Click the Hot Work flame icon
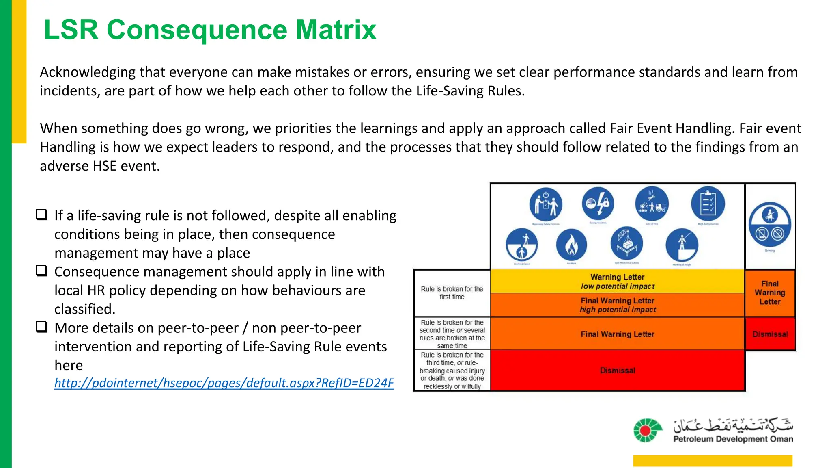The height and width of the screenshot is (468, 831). point(571,245)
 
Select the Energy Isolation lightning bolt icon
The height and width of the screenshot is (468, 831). point(598,203)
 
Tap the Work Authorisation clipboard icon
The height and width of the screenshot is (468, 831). point(708,203)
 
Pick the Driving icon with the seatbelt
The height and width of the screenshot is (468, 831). point(770,224)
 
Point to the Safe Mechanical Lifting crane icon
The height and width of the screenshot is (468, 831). point(626,244)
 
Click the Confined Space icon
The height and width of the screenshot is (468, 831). point(522,245)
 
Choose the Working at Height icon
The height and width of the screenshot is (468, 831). point(682,245)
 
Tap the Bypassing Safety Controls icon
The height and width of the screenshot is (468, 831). point(546,204)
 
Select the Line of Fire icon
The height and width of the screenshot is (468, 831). point(652,203)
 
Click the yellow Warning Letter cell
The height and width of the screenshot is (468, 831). point(617,281)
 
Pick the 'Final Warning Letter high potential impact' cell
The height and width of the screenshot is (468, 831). point(617,305)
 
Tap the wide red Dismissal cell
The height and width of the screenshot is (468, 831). point(617,370)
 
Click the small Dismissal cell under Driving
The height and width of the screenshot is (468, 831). point(770,334)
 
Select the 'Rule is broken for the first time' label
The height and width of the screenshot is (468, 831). point(452,292)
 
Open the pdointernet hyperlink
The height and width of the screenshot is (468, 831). point(224,383)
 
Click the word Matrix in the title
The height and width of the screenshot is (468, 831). point(336,30)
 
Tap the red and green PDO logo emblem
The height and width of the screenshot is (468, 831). point(647,430)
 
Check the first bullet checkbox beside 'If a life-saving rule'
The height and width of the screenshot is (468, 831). point(42,214)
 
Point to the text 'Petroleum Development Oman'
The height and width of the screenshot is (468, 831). point(733,439)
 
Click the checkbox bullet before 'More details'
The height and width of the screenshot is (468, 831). point(42,327)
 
